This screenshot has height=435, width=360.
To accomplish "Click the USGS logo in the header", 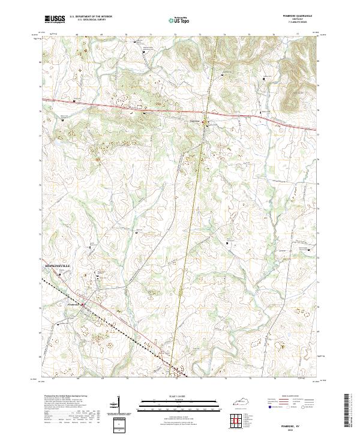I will (x=54, y=19).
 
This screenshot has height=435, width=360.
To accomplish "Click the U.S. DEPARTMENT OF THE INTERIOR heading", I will (x=91, y=17).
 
